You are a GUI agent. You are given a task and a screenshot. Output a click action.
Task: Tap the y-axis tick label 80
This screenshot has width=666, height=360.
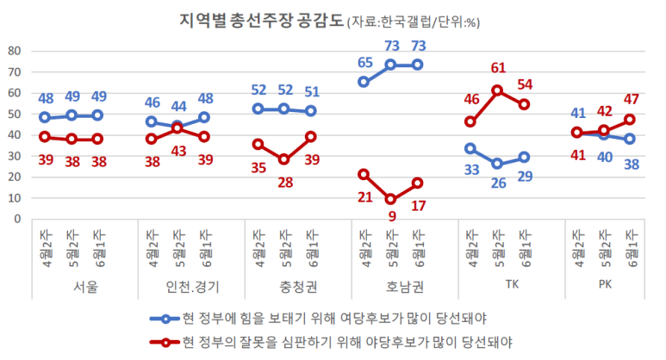(14, 51)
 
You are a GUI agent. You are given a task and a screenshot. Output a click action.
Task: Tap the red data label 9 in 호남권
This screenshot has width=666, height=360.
(391, 216)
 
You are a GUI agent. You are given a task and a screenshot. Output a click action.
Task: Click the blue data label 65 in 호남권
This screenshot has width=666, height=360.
(364, 63)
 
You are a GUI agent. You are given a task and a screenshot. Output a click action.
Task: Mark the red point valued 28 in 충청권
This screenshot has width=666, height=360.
(284, 159)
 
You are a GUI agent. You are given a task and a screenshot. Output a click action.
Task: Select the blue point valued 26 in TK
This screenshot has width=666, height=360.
(497, 164)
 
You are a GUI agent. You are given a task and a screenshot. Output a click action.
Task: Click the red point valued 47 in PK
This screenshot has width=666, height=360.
(630, 119)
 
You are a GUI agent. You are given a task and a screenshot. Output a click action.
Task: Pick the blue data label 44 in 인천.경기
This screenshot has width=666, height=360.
(178, 108)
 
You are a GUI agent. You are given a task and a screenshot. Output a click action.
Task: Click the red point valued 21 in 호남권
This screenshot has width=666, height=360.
(364, 174)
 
